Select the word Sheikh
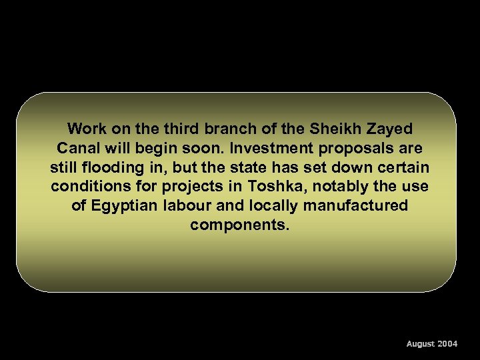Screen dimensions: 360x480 pyautogui.click(x=334, y=128)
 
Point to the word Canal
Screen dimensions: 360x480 pyautogui.click(x=77, y=147)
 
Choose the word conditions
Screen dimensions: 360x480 pyautogui.click(x=89, y=186)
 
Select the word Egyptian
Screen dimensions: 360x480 pyautogui.click(x=125, y=205)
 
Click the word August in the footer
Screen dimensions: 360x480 pyautogui.click(x=421, y=344)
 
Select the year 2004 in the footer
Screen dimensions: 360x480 pyautogui.click(x=447, y=344)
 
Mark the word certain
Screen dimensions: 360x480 pyautogui.click(x=402, y=167)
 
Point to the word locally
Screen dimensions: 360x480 pyautogui.click(x=282, y=205)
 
